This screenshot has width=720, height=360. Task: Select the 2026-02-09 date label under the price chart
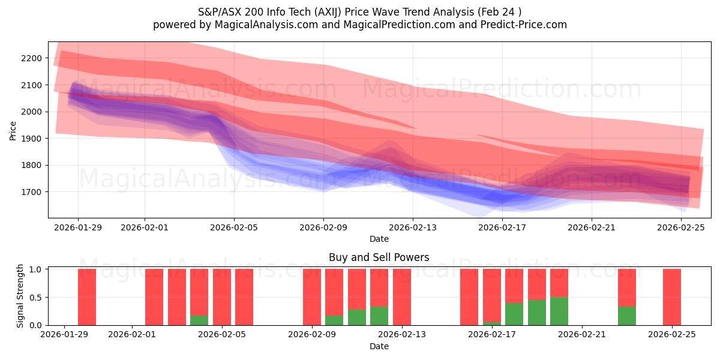323,227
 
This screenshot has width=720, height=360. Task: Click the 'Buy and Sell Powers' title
379,257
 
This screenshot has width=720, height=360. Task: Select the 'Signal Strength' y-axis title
20,295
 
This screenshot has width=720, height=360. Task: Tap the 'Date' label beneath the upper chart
379,239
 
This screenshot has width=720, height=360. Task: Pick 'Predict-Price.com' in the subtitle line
520,25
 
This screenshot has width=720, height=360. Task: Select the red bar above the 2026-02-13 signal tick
402,297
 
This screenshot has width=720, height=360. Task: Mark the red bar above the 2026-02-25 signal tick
672,297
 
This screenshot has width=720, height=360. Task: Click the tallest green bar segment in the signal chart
559,311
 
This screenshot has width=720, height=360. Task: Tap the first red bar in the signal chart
87,297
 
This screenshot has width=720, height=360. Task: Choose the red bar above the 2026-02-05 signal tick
222,297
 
